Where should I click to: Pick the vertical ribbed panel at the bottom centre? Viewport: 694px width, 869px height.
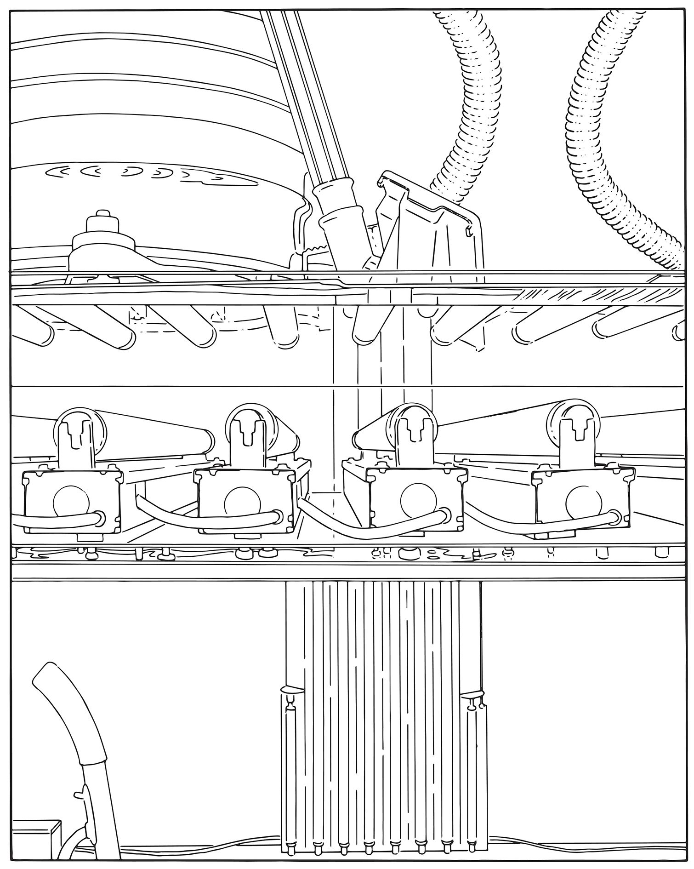381,713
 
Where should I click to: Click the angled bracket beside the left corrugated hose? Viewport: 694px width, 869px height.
427,221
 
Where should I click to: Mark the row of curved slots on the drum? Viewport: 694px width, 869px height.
152,172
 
